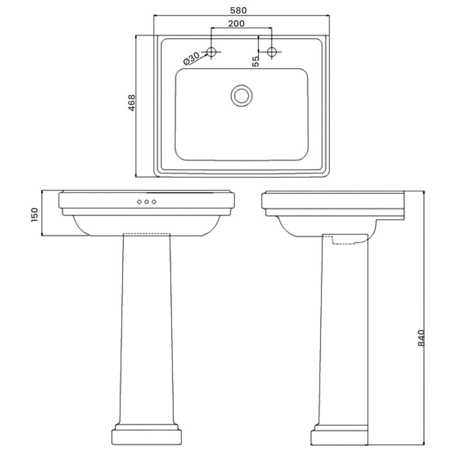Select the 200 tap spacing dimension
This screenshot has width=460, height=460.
click(237, 24)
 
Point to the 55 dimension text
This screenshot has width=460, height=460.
click(256, 61)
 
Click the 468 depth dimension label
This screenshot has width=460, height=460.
click(131, 103)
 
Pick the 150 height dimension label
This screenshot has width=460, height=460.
click(35, 215)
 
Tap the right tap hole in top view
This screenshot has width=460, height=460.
click(272, 51)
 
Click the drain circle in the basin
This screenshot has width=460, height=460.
click(242, 95)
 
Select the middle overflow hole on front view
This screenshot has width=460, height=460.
click(146, 202)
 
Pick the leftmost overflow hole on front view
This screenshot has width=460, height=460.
click(139, 202)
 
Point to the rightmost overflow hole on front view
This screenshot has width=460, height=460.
click(154, 202)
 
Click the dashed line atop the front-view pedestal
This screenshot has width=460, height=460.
click(146, 233)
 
